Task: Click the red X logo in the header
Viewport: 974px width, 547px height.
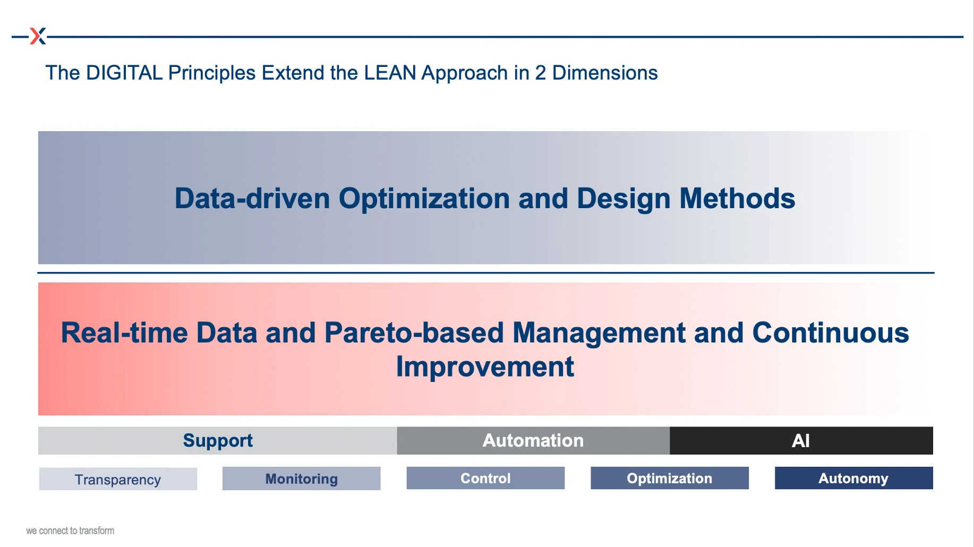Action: coord(38,36)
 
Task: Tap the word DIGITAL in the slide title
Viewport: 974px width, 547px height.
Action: coord(124,73)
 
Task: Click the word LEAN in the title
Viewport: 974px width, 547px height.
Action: coord(390,73)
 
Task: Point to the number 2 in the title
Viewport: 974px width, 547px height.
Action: coord(540,73)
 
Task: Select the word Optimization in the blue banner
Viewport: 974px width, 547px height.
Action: coord(424,199)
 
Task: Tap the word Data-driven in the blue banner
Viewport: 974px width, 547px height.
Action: coord(252,199)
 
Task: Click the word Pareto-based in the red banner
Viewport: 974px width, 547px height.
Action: coord(414,333)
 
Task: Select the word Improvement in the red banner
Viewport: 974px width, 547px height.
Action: coord(485,367)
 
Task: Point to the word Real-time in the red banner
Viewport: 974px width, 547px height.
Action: coord(124,333)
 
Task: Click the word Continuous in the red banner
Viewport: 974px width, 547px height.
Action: coord(831,333)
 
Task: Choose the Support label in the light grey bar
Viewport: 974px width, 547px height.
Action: coord(218,441)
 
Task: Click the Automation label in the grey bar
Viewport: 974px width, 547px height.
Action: coord(533,440)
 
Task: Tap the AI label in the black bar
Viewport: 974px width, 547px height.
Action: coord(801,441)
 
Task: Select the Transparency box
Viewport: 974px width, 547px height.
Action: coord(118,478)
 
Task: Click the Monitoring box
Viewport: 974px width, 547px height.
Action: coord(301,478)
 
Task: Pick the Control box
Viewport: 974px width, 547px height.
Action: coord(485,478)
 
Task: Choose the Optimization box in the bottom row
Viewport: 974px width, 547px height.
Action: coord(670,478)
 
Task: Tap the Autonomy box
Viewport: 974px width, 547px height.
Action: coord(853,478)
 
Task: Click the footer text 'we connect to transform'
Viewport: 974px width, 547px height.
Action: coord(70,531)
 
